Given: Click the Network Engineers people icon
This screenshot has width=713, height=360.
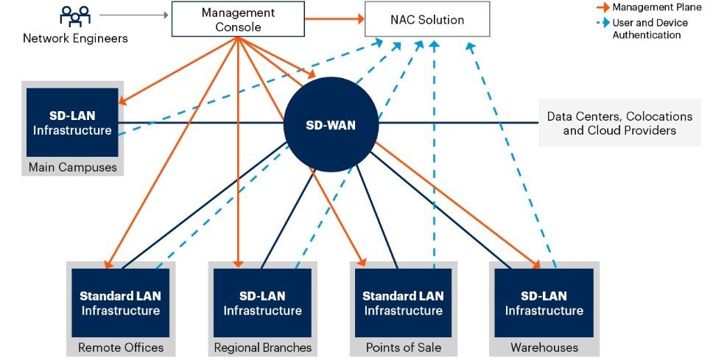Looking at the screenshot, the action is tap(75, 16).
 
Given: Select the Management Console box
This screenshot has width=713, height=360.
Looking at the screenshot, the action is tap(238, 19).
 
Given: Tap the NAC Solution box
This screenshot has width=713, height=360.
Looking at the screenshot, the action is tap(427, 19).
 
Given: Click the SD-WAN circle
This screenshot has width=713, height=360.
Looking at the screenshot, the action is tap(331, 125).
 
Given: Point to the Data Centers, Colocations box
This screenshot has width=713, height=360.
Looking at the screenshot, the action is tap(619, 123).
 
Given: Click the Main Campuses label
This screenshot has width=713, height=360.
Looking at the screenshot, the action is tap(73, 167).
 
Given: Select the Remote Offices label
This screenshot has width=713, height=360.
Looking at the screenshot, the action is tap(121, 347).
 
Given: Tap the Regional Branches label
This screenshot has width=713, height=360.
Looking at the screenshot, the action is tap(263, 347).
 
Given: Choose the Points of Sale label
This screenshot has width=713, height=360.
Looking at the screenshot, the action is tap(404, 347).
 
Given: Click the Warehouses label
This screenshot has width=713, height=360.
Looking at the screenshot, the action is tap(544, 347).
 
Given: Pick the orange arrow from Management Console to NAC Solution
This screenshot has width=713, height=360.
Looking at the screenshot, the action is tap(334, 19).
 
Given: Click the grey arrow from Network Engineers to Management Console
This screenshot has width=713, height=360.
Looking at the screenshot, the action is tap(134, 15).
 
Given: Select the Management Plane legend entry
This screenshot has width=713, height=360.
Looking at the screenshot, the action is tap(649, 7).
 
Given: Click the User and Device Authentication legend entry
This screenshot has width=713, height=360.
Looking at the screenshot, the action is tap(642, 28).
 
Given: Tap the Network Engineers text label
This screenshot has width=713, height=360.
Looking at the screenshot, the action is tap(75, 38).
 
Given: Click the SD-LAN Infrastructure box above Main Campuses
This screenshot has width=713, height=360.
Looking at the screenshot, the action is tap(72, 122).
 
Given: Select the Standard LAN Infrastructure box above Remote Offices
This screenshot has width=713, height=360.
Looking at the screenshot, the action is tap(121, 303).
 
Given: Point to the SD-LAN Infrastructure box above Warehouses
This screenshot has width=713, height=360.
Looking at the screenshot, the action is tap(544, 303).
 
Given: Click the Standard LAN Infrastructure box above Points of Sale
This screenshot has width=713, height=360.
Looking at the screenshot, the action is tap(404, 303).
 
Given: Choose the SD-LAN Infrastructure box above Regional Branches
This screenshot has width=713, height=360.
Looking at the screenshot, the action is tap(262, 303).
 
